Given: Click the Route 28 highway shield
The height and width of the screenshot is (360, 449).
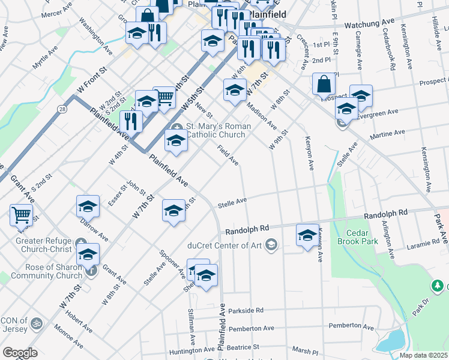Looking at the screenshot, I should pos(62,109).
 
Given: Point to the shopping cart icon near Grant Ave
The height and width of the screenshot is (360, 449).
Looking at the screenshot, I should pos(21,214).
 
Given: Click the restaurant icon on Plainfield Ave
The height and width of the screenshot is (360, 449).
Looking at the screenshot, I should pos(131,121).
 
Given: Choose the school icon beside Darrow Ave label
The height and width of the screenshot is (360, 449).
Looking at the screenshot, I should pos(88,206).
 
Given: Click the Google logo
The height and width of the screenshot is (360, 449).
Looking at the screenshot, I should pos(20,353).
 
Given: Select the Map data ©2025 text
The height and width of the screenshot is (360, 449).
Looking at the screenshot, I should pos(423,355).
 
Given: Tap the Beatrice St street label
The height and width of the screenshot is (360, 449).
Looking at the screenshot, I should pos(242,347).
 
